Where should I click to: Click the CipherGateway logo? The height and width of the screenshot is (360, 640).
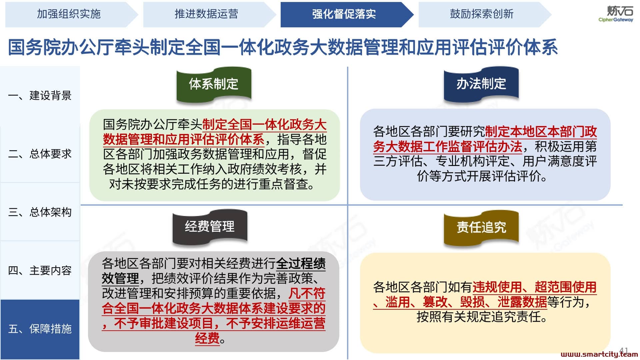coord(616,14)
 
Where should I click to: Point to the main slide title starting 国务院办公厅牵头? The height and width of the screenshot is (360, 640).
coord(283,47)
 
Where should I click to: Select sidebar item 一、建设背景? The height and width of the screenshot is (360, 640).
coord(40,96)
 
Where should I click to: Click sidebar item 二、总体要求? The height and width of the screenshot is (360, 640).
coord(40,154)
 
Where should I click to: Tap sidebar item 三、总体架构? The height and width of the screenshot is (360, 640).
coord(40,212)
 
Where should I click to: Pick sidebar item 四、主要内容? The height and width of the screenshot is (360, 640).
coord(40,270)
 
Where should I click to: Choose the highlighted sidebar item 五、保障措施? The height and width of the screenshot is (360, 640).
coord(40,329)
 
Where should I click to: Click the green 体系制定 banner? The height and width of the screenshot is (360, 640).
coord(214,84)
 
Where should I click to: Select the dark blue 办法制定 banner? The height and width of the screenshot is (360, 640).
coord(481,84)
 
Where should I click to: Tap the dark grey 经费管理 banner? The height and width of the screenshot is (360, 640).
coord(210,227)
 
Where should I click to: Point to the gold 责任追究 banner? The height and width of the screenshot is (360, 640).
coord(481,227)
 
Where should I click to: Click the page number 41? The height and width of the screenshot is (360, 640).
coord(624,351)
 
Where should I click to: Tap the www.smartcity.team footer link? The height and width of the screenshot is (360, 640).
coord(599,354)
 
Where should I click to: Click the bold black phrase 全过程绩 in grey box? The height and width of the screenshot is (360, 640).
coord(301,264)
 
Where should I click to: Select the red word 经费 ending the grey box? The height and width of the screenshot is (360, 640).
coord(207,338)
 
